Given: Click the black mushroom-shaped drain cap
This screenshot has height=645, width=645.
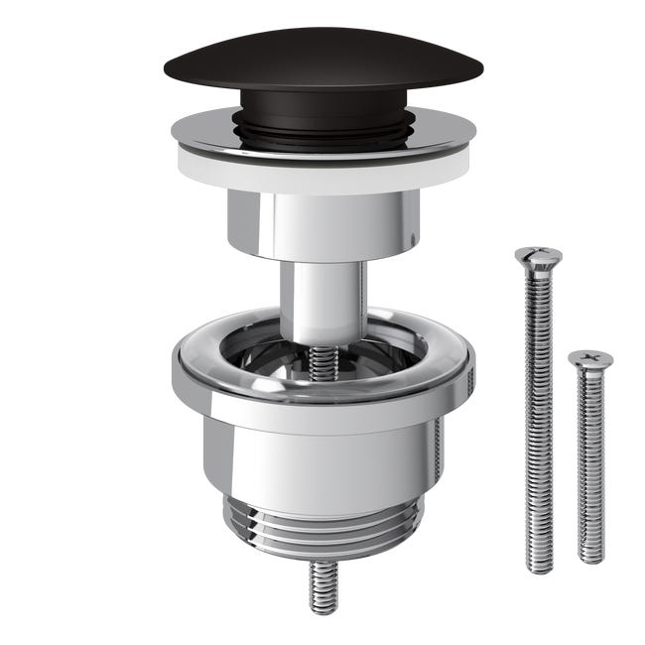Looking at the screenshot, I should pos(322,62).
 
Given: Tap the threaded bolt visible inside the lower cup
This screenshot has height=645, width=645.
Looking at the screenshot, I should pos(323,363).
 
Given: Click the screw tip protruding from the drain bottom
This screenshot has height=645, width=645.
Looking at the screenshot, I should pos(323,585).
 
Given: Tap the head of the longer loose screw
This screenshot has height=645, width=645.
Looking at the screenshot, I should pos(538,256).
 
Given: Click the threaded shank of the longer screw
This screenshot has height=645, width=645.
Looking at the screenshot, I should pos(539,397).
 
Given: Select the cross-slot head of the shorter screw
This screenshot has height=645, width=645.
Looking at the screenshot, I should pos(590,358).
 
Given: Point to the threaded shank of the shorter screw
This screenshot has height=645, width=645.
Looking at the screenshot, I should pos(591,456).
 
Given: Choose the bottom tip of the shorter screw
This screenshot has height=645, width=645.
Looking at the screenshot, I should pos(592,559).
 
